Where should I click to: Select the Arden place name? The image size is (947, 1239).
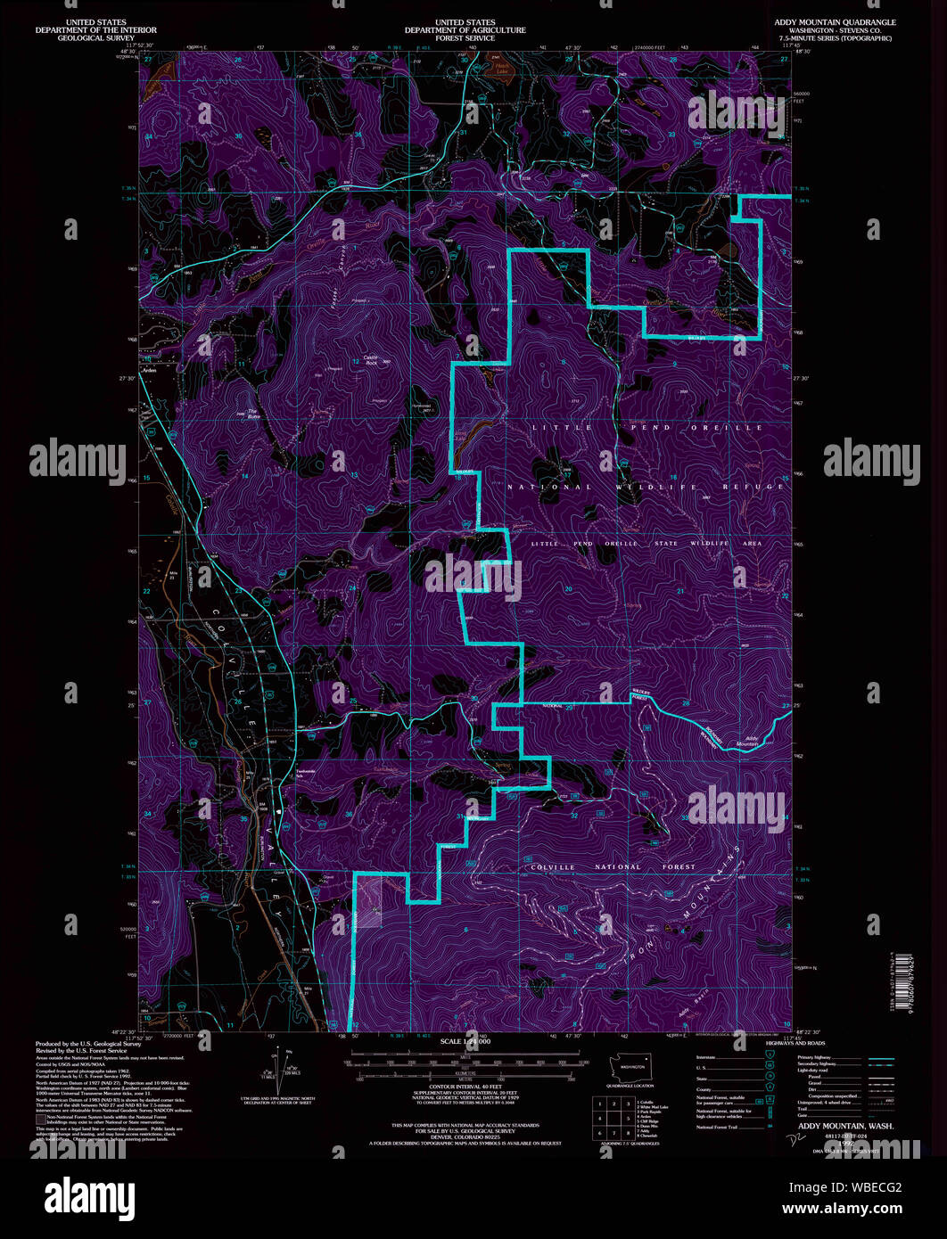pyautogui.click(x=148, y=371)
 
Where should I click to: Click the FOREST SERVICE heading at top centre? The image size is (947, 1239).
pyautogui.click(x=465, y=38)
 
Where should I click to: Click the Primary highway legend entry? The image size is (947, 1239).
pyautogui.click(x=819, y=1056)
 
